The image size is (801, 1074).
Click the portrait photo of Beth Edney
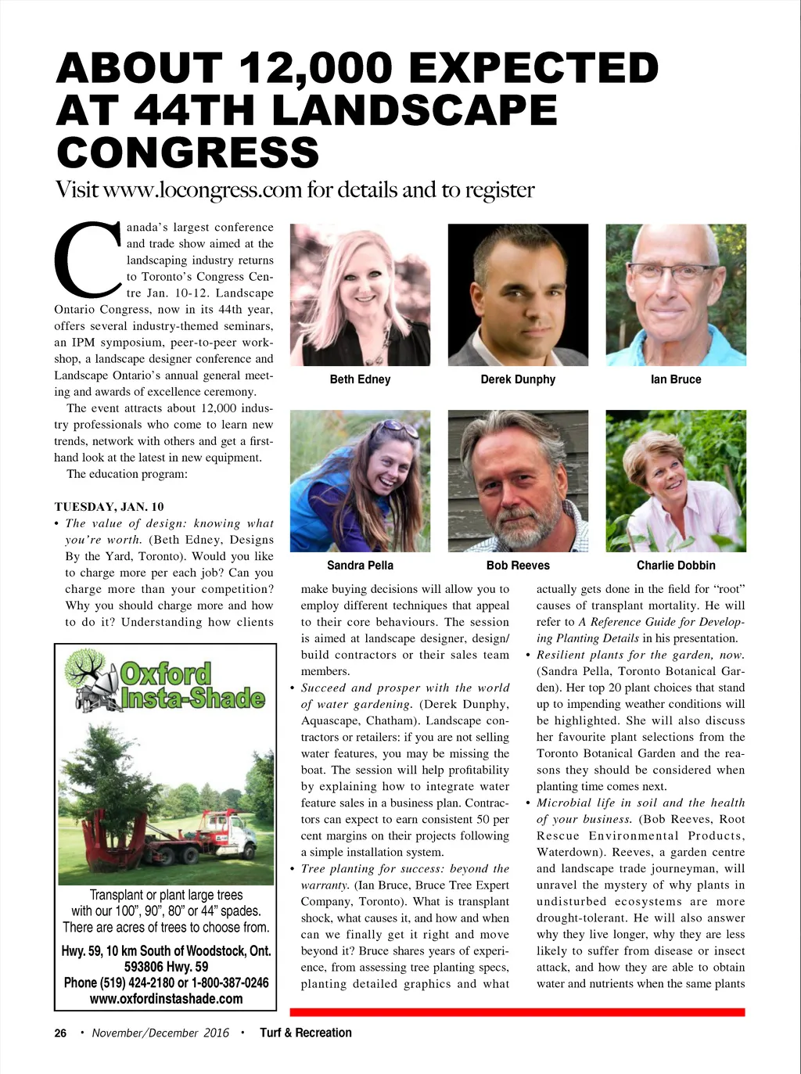(360, 295)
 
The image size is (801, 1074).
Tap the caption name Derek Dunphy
(518, 379)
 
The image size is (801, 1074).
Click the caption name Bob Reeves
(518, 566)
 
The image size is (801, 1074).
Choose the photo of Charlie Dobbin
(676, 481)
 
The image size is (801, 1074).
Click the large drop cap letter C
(87, 258)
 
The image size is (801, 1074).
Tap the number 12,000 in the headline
(318, 69)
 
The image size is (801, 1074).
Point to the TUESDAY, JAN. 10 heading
(109, 507)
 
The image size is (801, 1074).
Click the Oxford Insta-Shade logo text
(192, 685)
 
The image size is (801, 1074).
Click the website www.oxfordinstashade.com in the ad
(166, 999)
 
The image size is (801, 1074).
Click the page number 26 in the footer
(60, 1033)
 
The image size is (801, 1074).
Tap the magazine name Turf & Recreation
(305, 1033)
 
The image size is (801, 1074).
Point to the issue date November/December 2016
(160, 1033)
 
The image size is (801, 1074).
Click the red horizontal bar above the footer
(517, 1012)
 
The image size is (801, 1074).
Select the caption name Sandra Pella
(360, 566)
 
